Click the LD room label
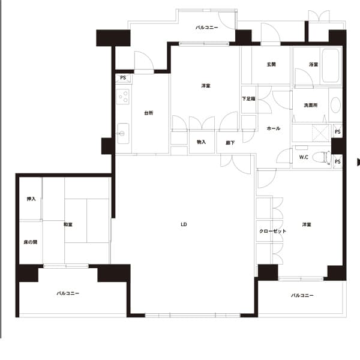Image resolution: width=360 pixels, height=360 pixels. [184, 224]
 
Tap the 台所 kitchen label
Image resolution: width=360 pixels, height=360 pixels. [149, 113]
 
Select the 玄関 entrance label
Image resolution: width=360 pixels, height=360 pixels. [271, 65]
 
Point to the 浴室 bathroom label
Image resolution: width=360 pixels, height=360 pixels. [313, 65]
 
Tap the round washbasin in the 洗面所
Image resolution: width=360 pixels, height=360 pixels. [335, 105]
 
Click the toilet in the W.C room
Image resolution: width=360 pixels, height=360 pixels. [322, 157]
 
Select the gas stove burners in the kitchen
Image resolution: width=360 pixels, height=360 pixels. [122, 97]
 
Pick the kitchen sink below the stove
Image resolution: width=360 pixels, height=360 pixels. [123, 133]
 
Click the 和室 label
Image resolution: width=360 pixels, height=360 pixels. [68, 224]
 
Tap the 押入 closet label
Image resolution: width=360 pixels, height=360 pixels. [31, 199]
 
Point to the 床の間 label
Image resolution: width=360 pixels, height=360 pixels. [31, 242]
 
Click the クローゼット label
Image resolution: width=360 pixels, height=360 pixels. [273, 231]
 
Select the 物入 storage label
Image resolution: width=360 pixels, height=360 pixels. [202, 142]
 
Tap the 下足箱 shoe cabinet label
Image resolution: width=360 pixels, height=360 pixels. [248, 99]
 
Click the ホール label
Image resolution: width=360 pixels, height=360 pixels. [274, 128]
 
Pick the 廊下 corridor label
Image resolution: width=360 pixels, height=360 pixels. [230, 143]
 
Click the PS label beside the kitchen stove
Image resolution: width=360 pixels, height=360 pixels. [123, 78]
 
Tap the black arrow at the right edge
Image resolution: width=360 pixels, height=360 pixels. [358, 162]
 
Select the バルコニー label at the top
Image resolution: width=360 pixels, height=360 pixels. [207, 28]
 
